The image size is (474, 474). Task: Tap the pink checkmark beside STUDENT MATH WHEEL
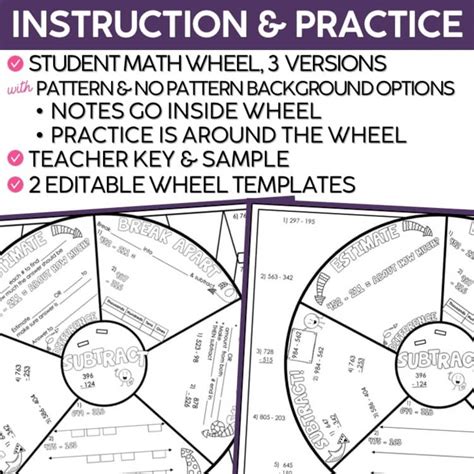point(15,62)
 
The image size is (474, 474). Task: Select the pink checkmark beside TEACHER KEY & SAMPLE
point(15,157)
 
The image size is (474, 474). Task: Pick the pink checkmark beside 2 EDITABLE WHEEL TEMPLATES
point(15,184)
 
